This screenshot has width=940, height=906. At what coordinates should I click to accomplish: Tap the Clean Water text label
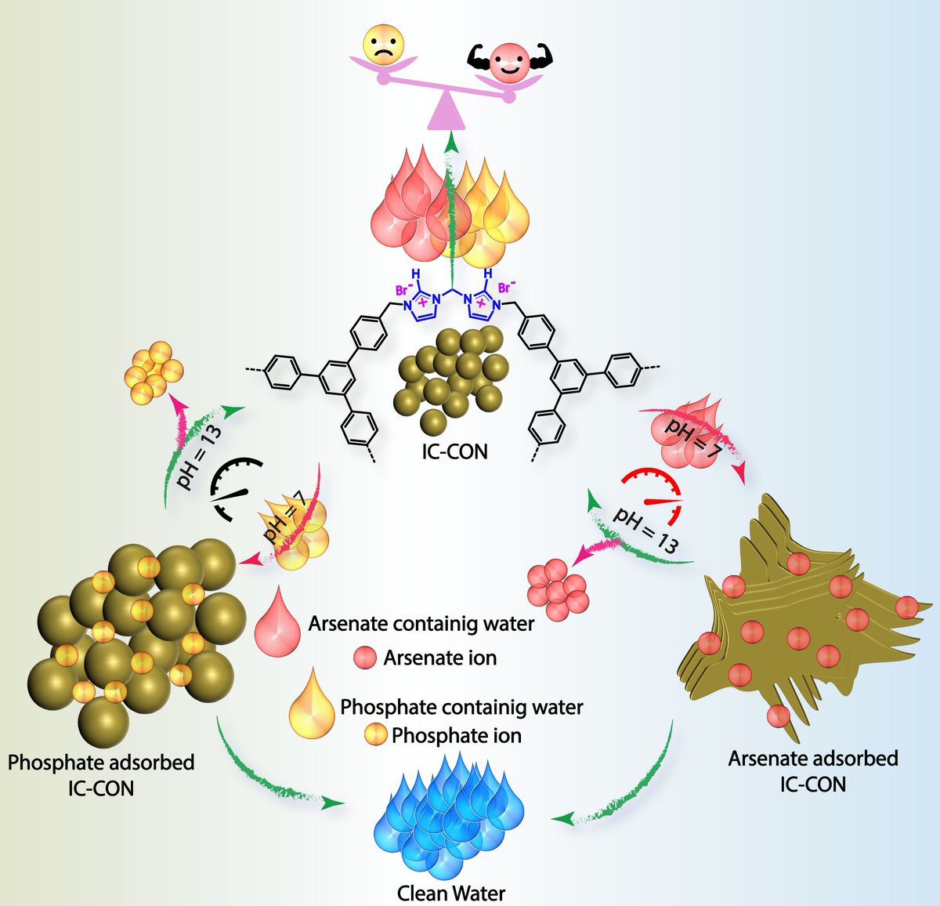click(450, 893)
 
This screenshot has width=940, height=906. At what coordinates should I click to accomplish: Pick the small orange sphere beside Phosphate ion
click(376, 735)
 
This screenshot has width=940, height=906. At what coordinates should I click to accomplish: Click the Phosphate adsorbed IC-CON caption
click(101, 774)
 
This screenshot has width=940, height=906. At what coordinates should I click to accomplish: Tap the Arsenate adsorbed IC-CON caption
click(813, 771)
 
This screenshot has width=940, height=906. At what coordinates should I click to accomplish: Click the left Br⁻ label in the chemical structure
click(403, 289)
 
